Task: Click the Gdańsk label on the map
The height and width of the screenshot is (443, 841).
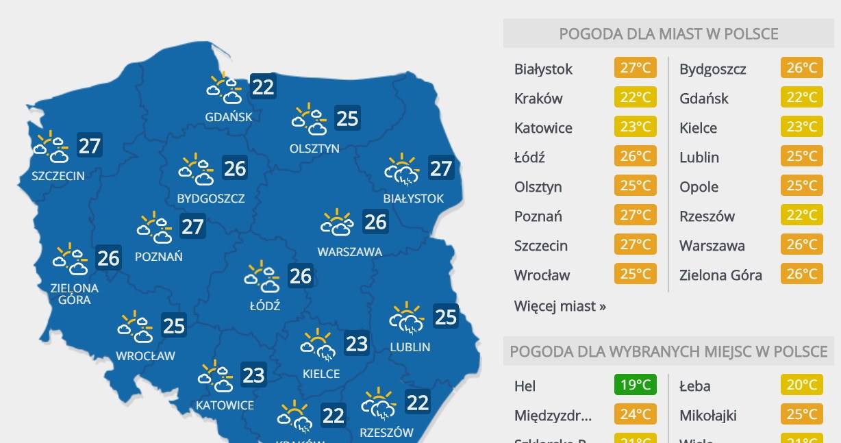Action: (x=229, y=116)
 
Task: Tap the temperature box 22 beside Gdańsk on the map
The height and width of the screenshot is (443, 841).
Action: (x=263, y=87)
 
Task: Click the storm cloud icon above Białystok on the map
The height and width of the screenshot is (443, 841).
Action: (x=402, y=169)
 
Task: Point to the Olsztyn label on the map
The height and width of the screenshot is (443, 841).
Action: (x=314, y=148)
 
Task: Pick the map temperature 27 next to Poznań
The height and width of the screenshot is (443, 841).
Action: (x=192, y=226)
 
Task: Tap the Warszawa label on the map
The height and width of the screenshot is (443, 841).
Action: (x=349, y=251)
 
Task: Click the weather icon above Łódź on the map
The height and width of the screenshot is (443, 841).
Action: (x=262, y=277)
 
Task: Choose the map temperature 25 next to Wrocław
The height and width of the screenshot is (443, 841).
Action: (x=174, y=325)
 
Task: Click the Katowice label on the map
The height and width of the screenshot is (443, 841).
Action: (x=225, y=405)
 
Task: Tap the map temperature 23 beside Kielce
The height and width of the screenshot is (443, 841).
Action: (x=356, y=343)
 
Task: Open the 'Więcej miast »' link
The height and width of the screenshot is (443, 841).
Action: (x=560, y=306)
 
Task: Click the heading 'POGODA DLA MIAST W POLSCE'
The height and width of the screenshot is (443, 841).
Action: (x=668, y=34)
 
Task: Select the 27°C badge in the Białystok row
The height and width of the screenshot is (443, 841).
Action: (x=635, y=68)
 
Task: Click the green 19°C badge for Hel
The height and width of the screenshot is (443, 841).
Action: (x=635, y=385)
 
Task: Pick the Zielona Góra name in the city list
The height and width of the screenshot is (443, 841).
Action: (x=720, y=275)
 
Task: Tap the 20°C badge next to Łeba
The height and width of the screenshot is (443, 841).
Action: (x=801, y=385)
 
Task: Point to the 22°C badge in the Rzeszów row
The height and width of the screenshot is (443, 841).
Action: (x=801, y=216)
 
